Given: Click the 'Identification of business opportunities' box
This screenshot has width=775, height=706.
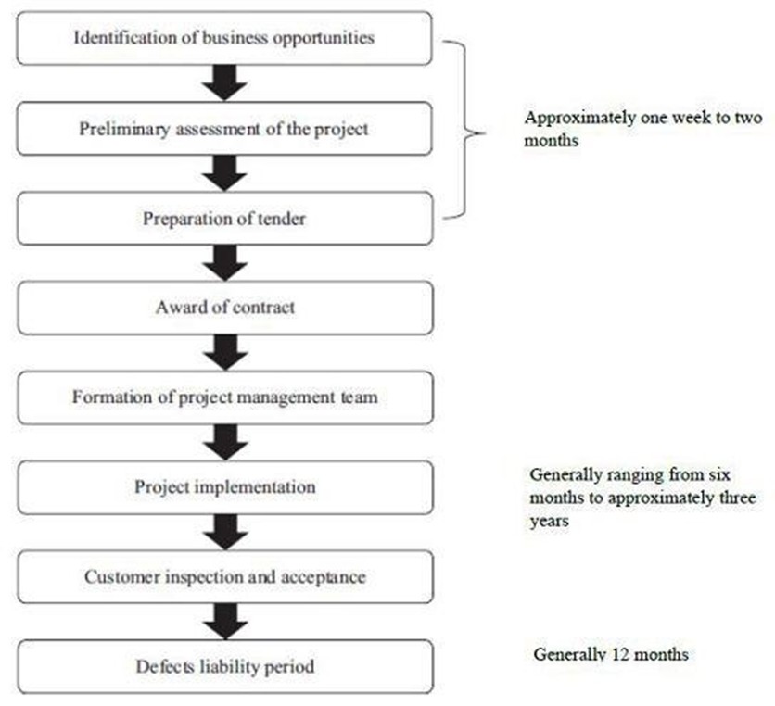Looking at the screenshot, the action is (224, 38).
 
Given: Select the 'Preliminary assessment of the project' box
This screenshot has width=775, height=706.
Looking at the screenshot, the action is (224, 129).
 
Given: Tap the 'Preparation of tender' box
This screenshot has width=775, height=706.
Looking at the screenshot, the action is (225, 219).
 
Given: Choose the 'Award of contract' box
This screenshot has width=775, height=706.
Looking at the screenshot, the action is (225, 308).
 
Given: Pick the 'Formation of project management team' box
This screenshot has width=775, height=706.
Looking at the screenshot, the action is (225, 397).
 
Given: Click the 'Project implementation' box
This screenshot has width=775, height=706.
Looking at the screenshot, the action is (225, 487).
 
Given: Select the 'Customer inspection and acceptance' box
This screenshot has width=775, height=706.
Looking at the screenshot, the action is (225, 577).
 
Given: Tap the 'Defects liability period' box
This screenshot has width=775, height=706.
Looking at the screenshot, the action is (225, 666).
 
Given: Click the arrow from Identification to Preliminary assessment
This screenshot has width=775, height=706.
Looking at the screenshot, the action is (224, 83).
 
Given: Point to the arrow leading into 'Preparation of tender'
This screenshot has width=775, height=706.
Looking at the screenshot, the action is (224, 173).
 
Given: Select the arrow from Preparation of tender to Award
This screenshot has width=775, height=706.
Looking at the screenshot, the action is (225, 263).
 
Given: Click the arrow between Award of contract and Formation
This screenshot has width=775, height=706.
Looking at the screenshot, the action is (225, 353).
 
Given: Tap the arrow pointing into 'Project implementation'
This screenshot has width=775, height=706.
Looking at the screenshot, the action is (225, 443).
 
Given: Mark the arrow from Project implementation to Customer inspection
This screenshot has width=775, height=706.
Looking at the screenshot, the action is (225, 532).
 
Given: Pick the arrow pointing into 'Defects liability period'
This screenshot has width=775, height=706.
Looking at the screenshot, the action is (225, 622).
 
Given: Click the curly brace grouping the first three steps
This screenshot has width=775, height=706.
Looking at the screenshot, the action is (464, 130).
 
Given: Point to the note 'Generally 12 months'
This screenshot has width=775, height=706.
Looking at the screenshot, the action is (611, 654).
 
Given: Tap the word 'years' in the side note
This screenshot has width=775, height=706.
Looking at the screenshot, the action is (549, 522).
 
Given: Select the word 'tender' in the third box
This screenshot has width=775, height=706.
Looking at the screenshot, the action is (284, 219).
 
